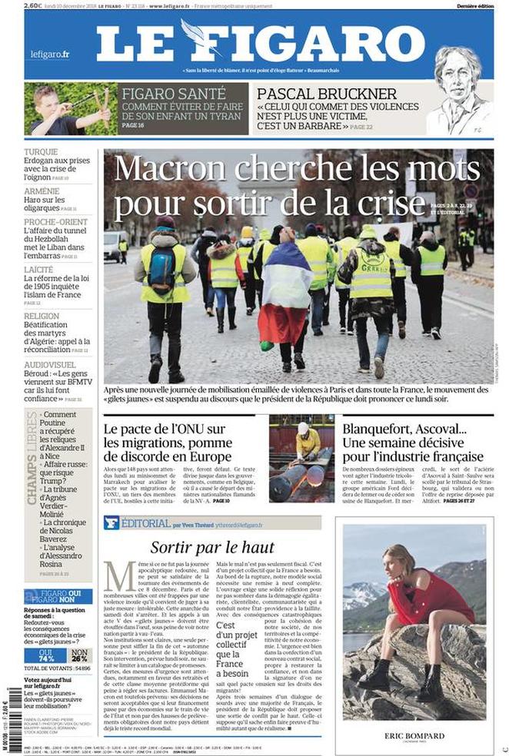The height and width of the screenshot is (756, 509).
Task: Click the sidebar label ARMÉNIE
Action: [42, 191]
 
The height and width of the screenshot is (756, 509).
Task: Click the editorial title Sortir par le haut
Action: [212, 547]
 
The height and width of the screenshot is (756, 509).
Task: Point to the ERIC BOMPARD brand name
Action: [414, 736]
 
